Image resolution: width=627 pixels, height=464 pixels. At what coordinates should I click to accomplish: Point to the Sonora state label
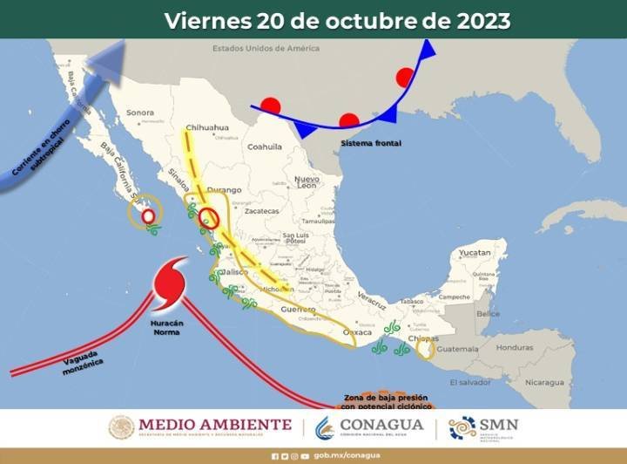coord(139,113)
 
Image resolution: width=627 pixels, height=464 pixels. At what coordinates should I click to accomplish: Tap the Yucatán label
coord(475,252)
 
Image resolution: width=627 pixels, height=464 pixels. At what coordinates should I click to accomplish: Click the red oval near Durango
coord(207,218)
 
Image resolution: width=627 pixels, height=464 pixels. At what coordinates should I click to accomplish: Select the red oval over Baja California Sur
coord(148,215)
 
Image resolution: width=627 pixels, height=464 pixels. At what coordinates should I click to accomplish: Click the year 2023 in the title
coord(482,19)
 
